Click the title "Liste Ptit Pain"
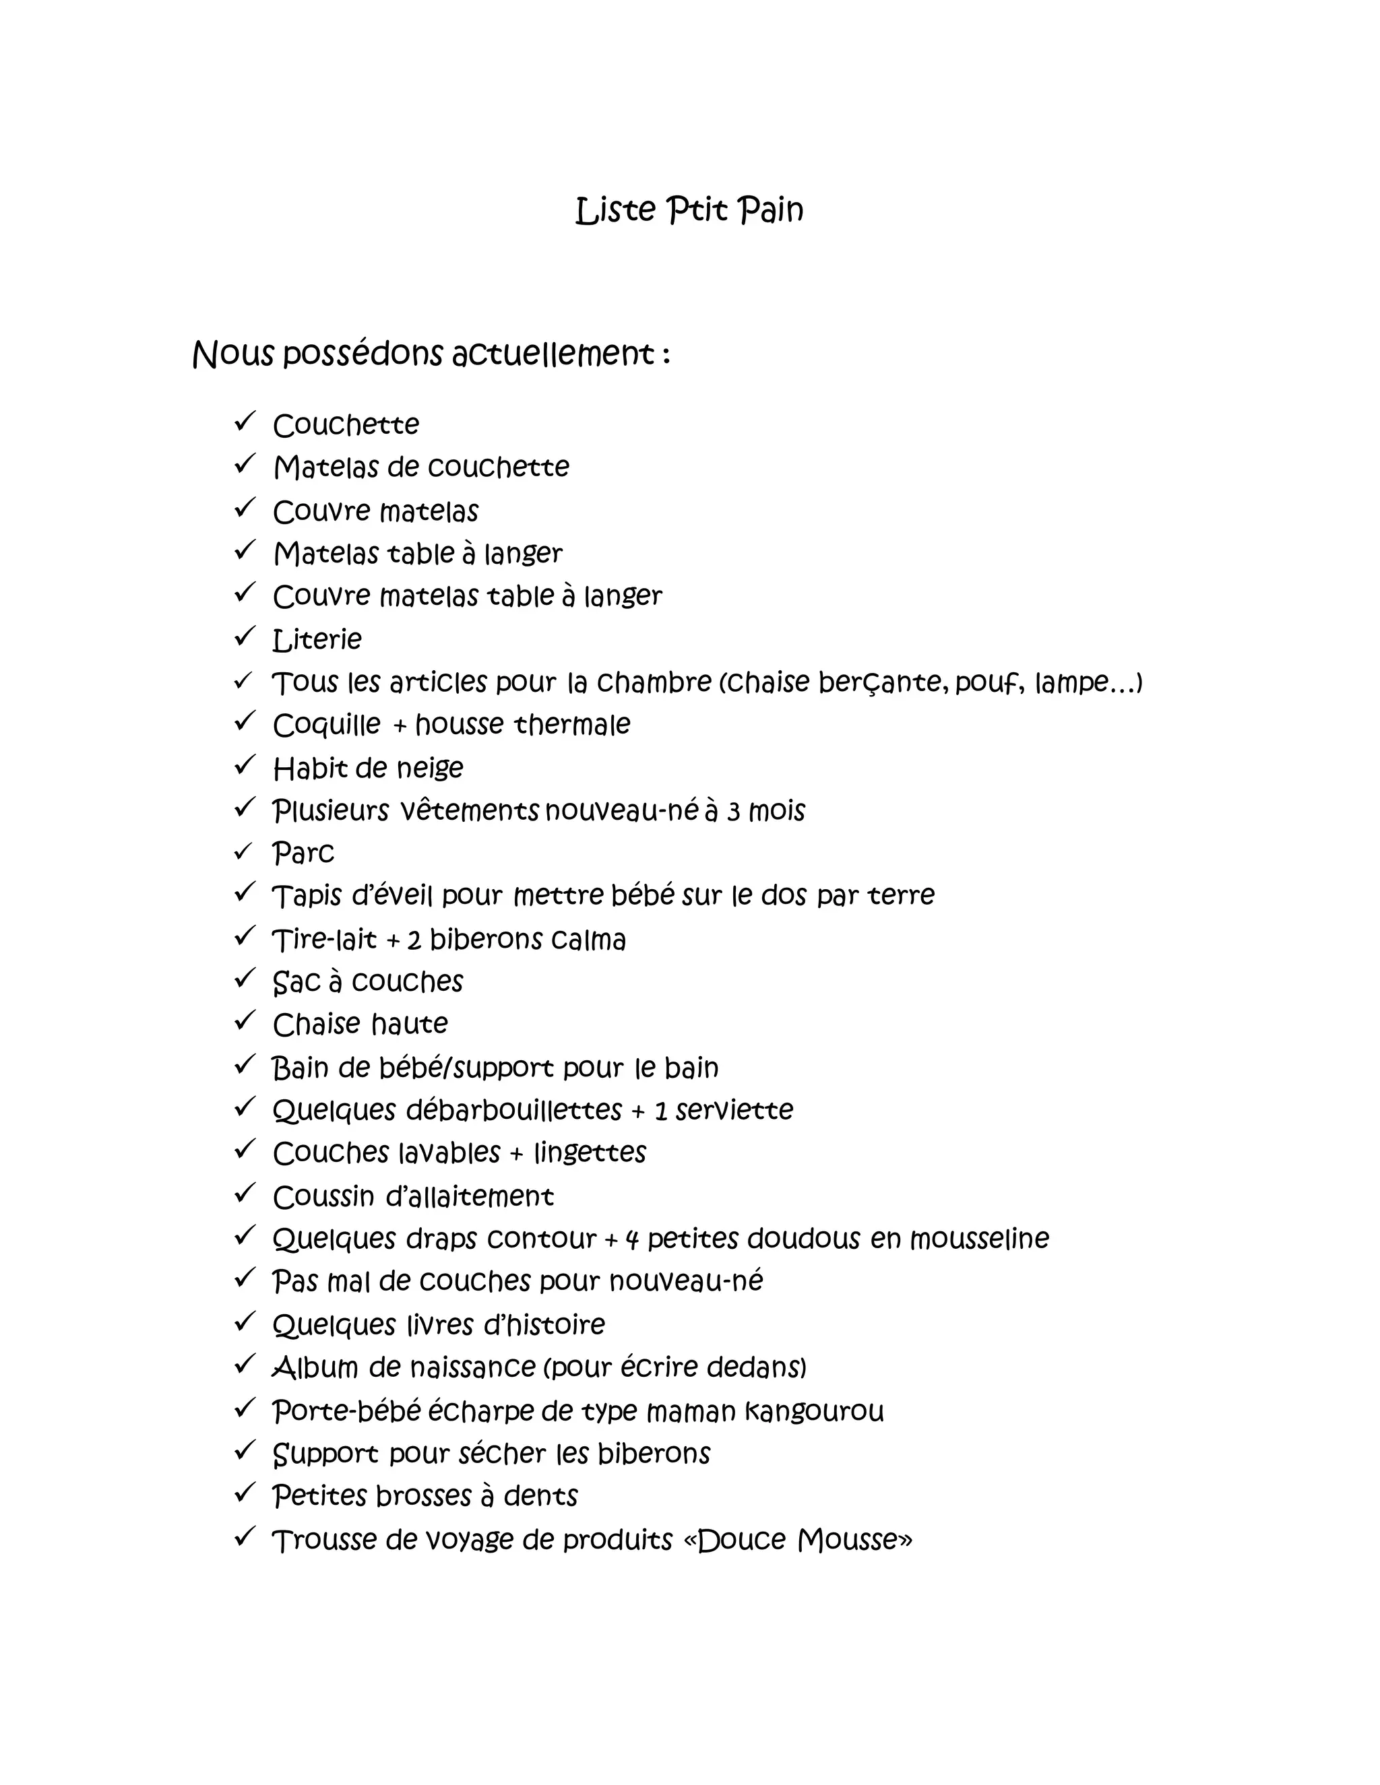point(689,210)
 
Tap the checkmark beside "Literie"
point(245,636)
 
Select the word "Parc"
point(303,853)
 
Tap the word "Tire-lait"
point(323,940)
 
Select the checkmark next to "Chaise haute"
point(245,1020)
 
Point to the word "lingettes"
point(590,1153)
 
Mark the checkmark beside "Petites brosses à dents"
point(245,1493)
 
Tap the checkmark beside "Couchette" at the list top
point(245,422)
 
